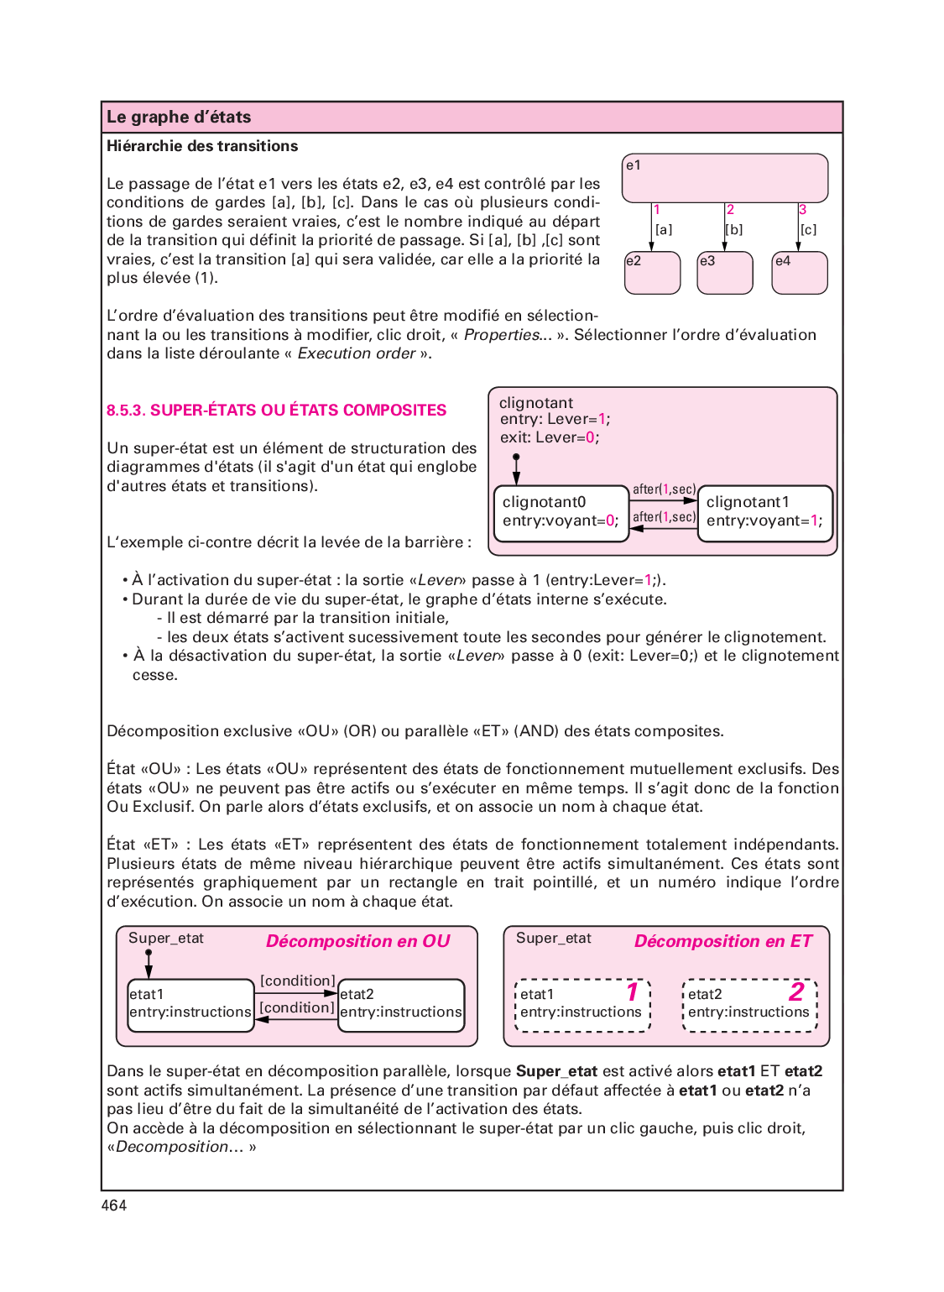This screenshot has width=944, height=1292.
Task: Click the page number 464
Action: pos(114,1206)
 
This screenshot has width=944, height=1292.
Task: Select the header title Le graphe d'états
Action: pos(179,118)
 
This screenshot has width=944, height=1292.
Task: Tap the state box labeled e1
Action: pos(724,178)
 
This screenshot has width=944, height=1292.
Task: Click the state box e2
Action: pos(652,273)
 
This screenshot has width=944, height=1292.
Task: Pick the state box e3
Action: pos(725,273)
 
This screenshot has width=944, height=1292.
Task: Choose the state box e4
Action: pos(799,273)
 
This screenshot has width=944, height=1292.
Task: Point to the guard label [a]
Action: pos(664,229)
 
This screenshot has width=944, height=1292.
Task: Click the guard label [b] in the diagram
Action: pos(734,229)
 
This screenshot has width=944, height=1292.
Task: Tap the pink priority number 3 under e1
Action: pos(802,210)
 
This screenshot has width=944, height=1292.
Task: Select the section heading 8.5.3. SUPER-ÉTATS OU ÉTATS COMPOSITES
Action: pos(276,411)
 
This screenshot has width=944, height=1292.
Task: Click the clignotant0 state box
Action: pos(561,513)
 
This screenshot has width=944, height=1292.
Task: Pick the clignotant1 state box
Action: pos(764,513)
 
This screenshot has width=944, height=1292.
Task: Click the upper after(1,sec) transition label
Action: pos(664,489)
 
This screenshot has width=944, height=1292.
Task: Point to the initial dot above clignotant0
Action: pos(516,458)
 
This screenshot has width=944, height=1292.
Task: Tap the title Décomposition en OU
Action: pos(358,941)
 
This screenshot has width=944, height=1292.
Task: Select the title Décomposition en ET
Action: pos(723,941)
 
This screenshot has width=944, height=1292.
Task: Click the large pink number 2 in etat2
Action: pos(796,992)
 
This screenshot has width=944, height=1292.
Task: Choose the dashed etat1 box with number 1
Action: pos(582,1005)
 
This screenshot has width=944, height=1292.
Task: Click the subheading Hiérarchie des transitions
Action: pos(202,146)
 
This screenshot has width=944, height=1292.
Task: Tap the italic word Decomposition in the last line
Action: pos(172,1147)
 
